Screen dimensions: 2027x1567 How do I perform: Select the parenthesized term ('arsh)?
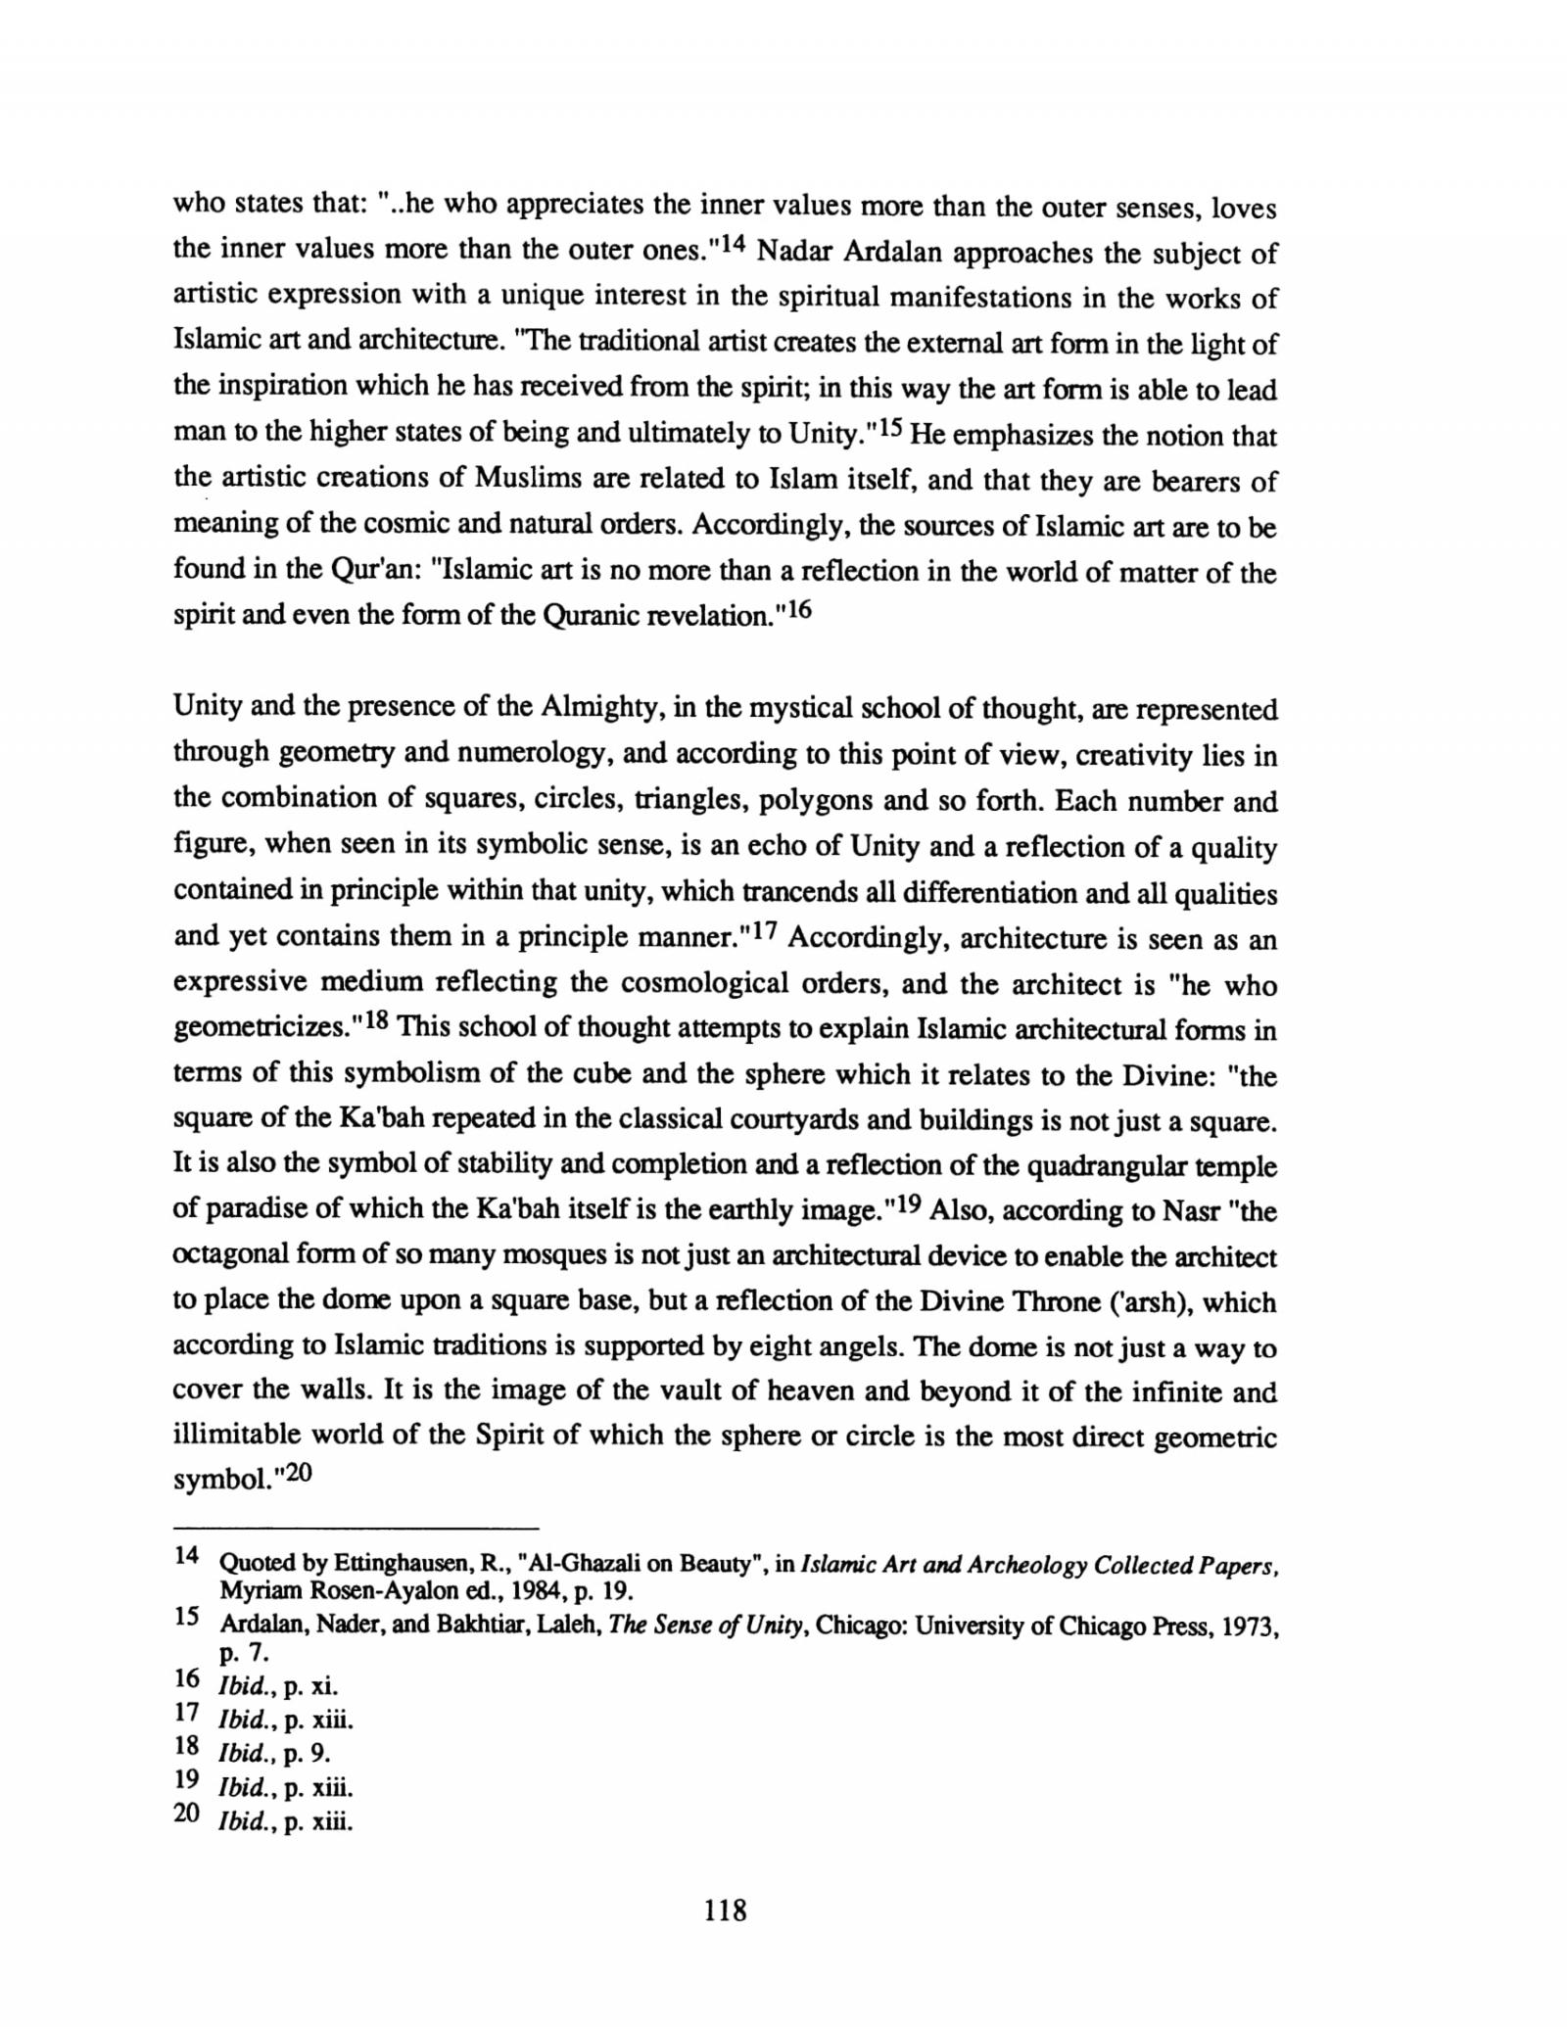click(x=1135, y=1302)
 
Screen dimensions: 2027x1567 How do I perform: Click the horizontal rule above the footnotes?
click(x=356, y=1529)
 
